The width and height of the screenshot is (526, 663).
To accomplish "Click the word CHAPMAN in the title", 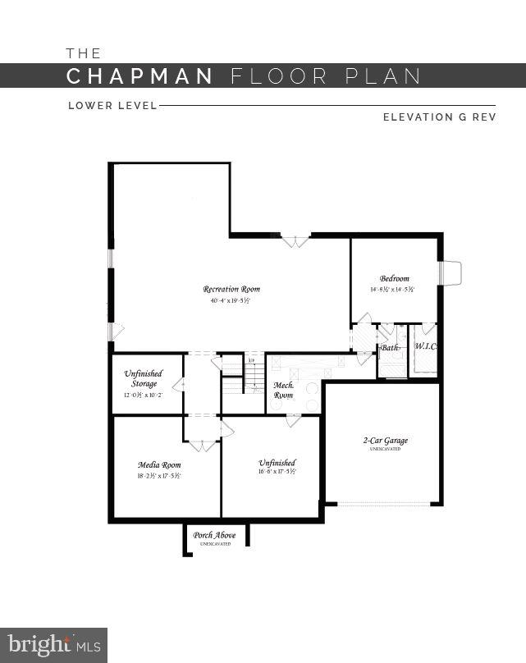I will (140, 76).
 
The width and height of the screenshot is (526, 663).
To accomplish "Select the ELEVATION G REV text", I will (439, 117).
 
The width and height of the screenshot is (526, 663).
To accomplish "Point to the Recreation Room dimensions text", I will (230, 300).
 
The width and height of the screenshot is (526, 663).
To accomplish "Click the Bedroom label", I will (394, 278).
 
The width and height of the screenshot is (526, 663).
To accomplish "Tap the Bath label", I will (390, 348).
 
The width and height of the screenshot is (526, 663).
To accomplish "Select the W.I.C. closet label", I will (424, 346).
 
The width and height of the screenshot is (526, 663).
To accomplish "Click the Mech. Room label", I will (283, 390).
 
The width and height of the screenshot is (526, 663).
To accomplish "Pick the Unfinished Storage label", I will (144, 378).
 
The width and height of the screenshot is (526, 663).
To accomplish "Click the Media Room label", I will (159, 464).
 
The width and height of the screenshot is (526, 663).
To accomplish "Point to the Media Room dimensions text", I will (159, 476).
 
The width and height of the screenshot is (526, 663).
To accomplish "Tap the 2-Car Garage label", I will (385, 441).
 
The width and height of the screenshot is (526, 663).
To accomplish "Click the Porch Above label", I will (214, 535).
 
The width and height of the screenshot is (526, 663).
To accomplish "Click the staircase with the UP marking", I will (254, 373).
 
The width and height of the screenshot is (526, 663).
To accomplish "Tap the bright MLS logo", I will (53, 645).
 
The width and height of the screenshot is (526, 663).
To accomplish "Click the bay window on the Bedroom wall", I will (450, 273).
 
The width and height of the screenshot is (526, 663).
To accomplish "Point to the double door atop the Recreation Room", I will (295, 241).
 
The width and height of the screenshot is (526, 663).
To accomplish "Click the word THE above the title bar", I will (84, 53).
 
